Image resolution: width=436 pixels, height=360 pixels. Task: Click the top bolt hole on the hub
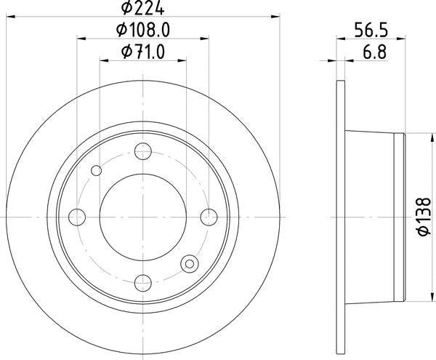pyautogui.click(x=142, y=151)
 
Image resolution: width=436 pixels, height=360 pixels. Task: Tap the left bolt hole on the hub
pyautogui.click(x=76, y=217)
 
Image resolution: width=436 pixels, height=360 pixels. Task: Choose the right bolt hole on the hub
pyautogui.click(x=209, y=217)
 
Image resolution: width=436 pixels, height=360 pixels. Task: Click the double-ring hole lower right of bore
pyautogui.click(x=190, y=264)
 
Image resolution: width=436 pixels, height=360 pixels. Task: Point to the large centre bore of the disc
pyautogui.click(x=142, y=217)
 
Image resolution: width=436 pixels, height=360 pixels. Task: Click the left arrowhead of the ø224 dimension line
pyautogui.click(x=9, y=17)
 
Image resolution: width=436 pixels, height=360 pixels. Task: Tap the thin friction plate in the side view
pyautogui.click(x=341, y=217)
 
